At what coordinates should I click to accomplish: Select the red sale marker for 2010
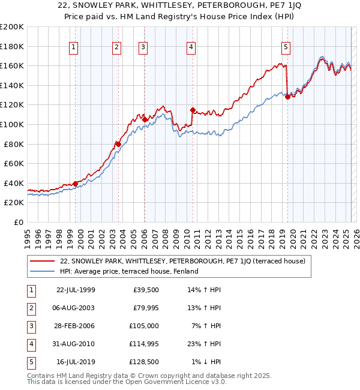(193, 110)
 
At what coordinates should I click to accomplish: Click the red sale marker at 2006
(145, 119)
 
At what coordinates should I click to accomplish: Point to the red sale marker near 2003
(118, 144)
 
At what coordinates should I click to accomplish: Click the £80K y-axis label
(14, 144)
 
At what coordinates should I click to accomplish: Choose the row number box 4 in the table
(31, 344)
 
